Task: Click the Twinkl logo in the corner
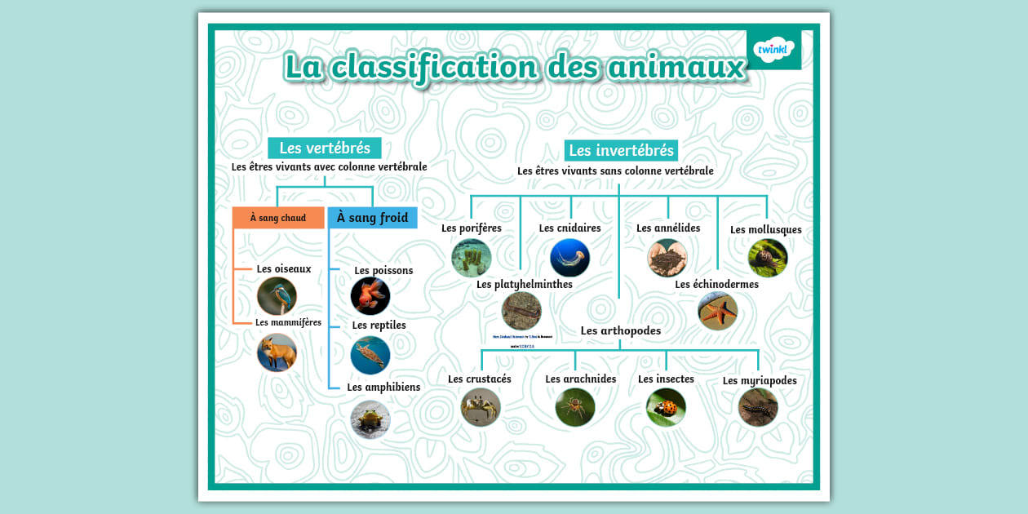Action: click(x=773, y=50)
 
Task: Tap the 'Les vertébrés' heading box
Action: click(x=324, y=148)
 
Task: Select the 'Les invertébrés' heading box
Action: click(x=621, y=150)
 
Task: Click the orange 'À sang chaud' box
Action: click(x=278, y=218)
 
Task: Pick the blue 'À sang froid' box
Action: click(x=372, y=218)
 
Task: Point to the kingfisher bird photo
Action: click(x=277, y=296)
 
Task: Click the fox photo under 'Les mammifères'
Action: click(x=277, y=352)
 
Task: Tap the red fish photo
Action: click(x=370, y=296)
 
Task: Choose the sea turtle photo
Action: click(x=370, y=355)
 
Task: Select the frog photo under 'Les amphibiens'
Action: click(x=370, y=419)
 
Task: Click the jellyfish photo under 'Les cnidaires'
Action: click(x=569, y=258)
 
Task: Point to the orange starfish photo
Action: click(x=717, y=311)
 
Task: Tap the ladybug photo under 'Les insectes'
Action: click(x=666, y=406)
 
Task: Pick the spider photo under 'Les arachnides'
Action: click(x=575, y=406)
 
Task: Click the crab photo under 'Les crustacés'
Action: click(x=480, y=406)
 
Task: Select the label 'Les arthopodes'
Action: click(x=620, y=330)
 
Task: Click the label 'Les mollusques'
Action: click(x=765, y=229)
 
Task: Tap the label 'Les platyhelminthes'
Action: click(x=524, y=285)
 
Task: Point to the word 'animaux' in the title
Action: click(x=676, y=67)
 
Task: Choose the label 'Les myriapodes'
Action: click(x=759, y=380)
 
